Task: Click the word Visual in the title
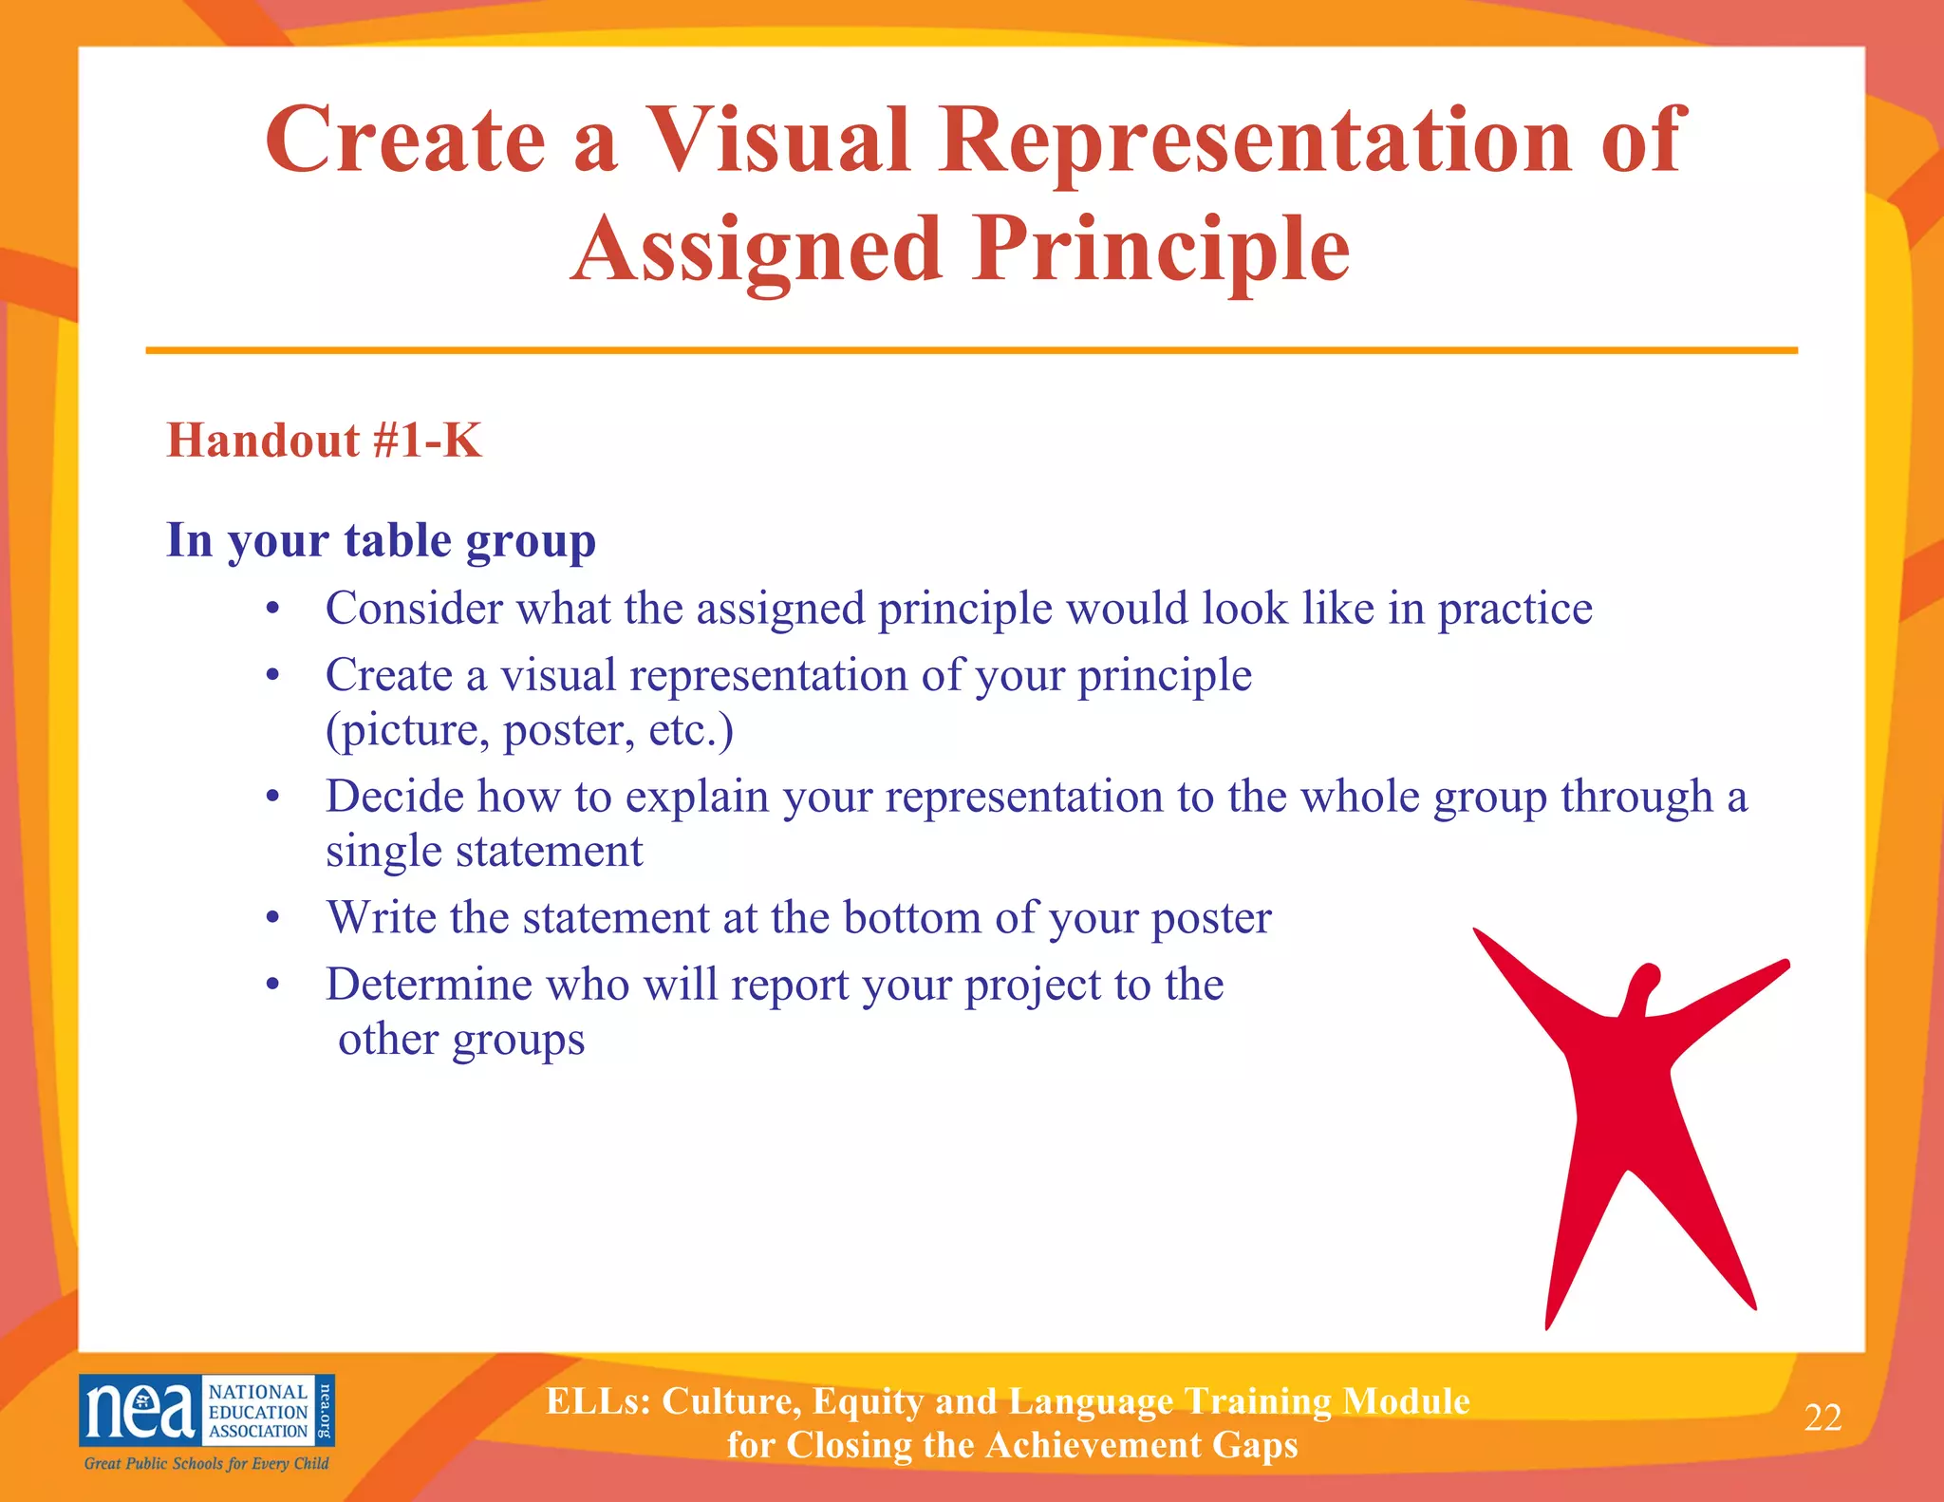pos(778,141)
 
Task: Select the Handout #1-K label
pos(324,441)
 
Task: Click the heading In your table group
pos(381,540)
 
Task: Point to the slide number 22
pos(1822,1418)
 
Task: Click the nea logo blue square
pos(140,1411)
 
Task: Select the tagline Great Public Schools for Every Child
pos(206,1463)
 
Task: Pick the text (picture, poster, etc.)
pos(529,730)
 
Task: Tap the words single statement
pos(484,851)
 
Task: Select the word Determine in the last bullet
pos(429,985)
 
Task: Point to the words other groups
pos(461,1040)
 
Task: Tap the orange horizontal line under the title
pos(971,350)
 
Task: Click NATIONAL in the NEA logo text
pos(257,1392)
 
